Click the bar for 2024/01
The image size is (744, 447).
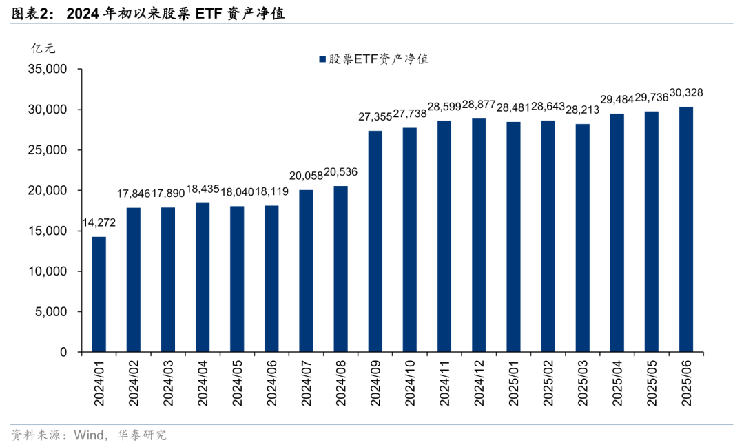click(x=99, y=294)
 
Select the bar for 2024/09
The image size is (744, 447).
click(x=375, y=241)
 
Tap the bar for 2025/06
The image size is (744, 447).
click(x=686, y=229)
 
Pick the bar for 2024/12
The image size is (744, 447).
click(x=479, y=235)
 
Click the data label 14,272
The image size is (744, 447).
click(x=99, y=222)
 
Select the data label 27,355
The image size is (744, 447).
click(x=375, y=117)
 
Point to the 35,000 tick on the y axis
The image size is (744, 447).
click(x=47, y=70)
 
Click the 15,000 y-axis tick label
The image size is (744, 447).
click(x=47, y=231)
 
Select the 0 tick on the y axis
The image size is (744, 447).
click(x=63, y=353)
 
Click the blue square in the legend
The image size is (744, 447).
click(x=322, y=60)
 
